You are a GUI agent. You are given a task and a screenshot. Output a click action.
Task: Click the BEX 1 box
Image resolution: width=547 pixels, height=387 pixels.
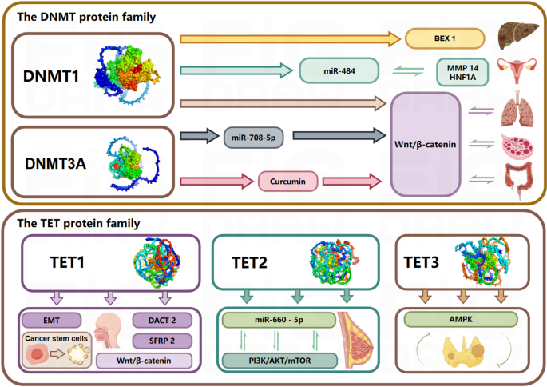click(x=445, y=38)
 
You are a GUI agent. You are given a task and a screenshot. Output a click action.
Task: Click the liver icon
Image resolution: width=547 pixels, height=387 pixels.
click(x=514, y=36)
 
